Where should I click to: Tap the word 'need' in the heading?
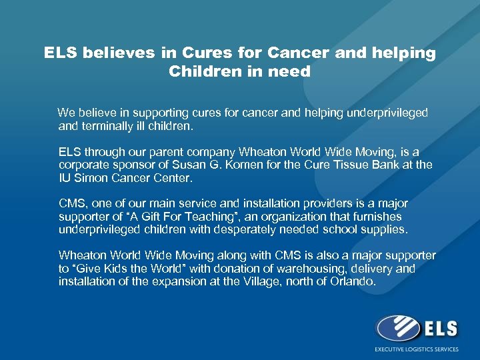coord(291,71)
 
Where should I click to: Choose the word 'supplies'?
coord(384,229)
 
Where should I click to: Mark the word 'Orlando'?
coord(354,281)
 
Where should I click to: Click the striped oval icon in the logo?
coord(399,329)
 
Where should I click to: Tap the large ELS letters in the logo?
coord(439,328)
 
